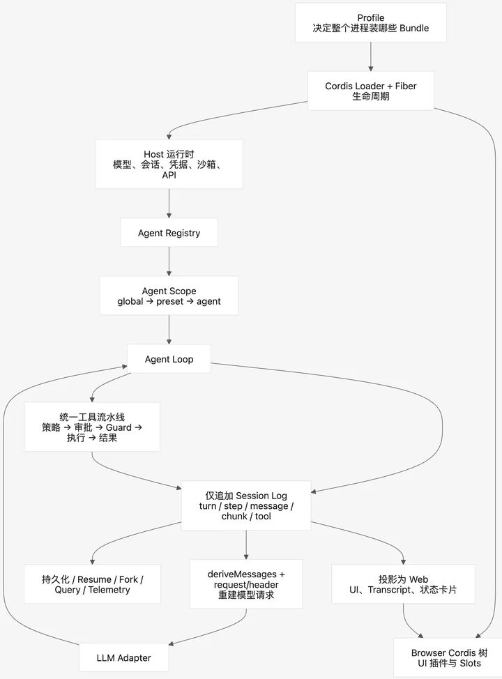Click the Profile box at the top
click(371, 22)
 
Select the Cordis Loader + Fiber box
click(371, 91)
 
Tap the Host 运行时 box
click(169, 164)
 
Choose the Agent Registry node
click(169, 233)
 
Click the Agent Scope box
click(169, 296)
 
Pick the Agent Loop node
click(169, 359)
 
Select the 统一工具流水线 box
click(92, 427)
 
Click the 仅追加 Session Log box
click(246, 505)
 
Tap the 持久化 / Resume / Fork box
click(92, 584)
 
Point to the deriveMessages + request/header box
click(246, 584)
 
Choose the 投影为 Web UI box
click(403, 584)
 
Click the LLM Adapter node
click(124, 658)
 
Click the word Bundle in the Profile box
click(414, 28)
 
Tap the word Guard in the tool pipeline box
click(119, 427)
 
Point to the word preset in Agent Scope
click(170, 301)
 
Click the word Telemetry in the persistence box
click(109, 590)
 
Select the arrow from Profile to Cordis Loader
click(371, 56)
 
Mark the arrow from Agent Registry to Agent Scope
click(169, 261)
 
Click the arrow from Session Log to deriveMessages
click(246, 544)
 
